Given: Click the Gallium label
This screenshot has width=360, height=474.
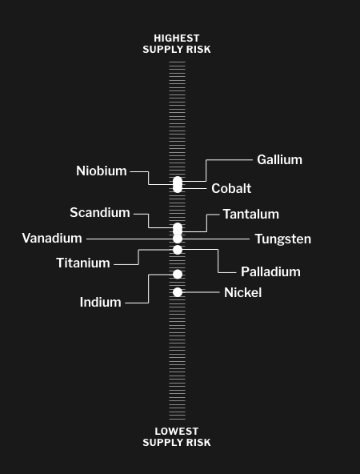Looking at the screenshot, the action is coord(279,159).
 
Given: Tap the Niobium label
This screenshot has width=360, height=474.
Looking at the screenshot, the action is coord(102,171).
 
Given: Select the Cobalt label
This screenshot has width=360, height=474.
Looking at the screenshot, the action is coord(231,188).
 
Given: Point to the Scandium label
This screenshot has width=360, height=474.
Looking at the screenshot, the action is coord(100,212).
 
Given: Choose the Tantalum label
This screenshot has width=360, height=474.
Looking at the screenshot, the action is coord(251,214).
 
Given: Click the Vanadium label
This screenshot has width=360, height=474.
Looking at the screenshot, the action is coord(52,239).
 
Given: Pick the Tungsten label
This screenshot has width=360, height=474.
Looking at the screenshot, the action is coord(283,239).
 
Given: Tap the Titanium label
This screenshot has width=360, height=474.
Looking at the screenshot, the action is coord(83,263).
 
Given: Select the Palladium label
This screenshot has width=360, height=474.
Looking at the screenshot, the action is coord(270,271).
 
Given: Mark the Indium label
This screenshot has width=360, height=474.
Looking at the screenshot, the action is coord(100,303).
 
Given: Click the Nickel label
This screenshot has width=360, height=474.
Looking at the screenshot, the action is coord(243,292).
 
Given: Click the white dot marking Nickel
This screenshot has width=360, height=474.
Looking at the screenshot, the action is coord(178,292).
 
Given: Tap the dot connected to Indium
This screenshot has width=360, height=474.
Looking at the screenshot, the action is coord(178,274).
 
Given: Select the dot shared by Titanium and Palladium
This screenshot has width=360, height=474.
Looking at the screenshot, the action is coord(178,250).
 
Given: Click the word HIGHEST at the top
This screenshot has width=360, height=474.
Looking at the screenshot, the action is coord(177,38).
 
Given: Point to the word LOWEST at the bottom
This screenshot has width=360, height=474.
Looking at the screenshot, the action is coord(177,431).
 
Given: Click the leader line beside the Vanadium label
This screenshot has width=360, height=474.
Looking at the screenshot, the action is coord(130,239).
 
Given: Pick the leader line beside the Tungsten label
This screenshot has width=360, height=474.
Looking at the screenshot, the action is coord(216,239).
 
